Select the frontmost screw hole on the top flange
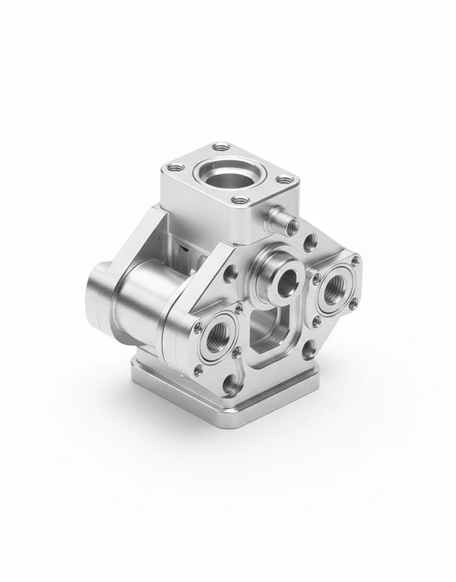point(241,200)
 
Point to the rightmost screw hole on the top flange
point(284,179)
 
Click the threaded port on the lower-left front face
point(216,340)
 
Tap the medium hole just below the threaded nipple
point(309,242)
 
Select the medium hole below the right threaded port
point(309,349)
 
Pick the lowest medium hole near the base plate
point(229,382)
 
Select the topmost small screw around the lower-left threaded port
point(238,308)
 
